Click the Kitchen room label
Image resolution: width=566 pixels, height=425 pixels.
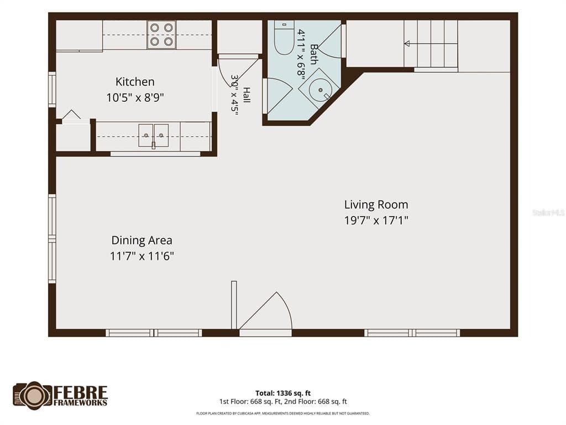135,82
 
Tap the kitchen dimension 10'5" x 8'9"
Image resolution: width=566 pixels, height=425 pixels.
135,97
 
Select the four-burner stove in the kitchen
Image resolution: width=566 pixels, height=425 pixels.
161,35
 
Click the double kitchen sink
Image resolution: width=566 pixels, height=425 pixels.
154,136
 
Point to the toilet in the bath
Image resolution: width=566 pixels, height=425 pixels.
284,38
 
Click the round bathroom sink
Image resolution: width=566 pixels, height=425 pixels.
320,90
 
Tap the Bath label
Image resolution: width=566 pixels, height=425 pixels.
314,54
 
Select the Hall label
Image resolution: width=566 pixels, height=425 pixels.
246,95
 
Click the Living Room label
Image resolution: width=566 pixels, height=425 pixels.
376,205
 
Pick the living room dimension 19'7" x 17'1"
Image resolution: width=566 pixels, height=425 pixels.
376,220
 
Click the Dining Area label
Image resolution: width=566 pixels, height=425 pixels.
142,240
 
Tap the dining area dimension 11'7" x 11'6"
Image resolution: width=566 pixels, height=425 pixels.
142,256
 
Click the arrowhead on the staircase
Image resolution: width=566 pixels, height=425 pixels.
407,44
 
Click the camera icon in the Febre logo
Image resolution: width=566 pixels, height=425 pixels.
33,395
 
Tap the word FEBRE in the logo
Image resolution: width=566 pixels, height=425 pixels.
81,392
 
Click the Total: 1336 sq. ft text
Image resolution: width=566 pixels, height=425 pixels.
283,393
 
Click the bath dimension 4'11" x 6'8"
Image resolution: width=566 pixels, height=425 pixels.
301,53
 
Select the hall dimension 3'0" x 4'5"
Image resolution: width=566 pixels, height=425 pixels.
235,95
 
